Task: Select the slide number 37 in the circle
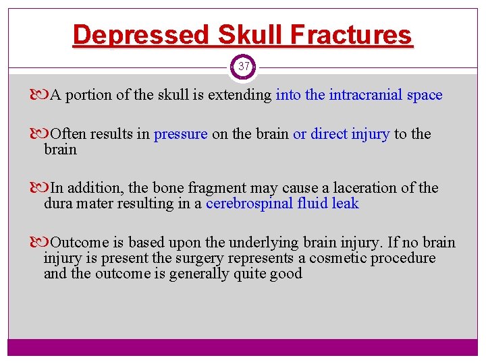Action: tap(244, 67)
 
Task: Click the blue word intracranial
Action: tap(366, 95)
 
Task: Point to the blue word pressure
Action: tap(181, 134)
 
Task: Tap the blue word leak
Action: tap(345, 204)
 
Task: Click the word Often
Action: tap(69, 134)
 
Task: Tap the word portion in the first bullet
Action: tap(90, 95)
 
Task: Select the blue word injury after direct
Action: tap(371, 134)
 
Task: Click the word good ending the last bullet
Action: tap(286, 274)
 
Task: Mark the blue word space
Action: tap(425, 95)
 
